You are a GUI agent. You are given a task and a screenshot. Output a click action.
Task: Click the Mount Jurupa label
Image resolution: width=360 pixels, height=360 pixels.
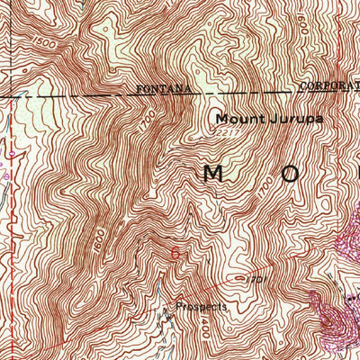coord(255,118)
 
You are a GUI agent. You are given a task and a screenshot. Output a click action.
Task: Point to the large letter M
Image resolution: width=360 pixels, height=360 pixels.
coord(213,174)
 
